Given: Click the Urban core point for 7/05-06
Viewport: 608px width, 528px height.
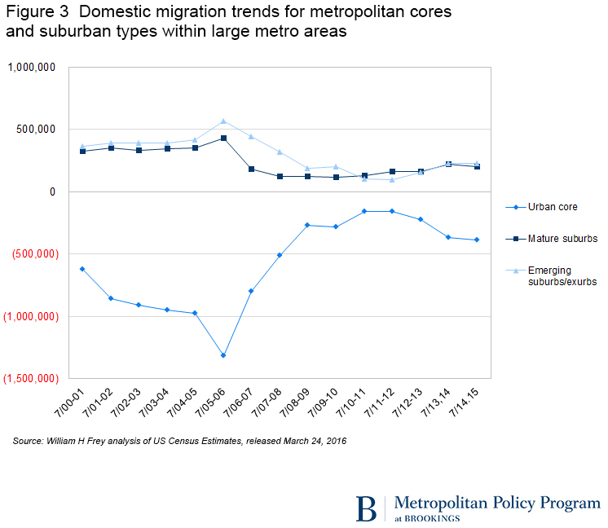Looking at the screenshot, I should point(223,355).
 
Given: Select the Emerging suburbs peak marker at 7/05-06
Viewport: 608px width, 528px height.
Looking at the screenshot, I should point(223,121).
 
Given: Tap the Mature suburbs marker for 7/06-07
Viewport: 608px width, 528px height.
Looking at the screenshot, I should point(251,169).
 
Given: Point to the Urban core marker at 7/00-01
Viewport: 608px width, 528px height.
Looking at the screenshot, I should point(82,269).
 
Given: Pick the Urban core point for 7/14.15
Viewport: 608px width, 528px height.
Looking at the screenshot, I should point(476,240).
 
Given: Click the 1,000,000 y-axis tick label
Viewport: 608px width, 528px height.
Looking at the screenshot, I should point(32,68).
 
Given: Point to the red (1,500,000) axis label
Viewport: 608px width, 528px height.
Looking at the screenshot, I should point(29,379).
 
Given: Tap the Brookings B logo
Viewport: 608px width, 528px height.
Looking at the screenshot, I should point(367,507).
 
